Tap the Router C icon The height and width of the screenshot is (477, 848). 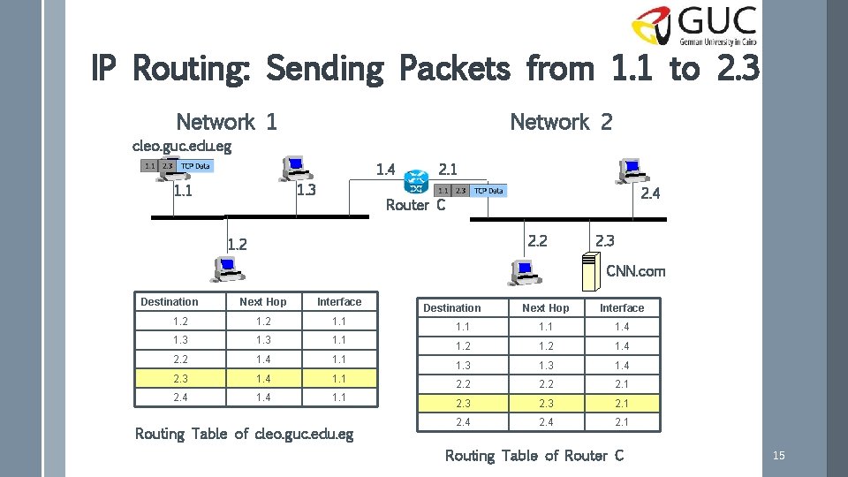pos(415,184)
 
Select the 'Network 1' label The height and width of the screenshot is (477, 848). pos(226,122)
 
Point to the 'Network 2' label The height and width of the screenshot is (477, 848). pos(561,122)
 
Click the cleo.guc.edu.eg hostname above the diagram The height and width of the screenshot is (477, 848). pos(181,145)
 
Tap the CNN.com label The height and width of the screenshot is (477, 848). pos(635,271)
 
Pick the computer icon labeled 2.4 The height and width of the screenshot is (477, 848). pos(631,170)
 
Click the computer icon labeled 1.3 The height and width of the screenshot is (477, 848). pos(293,168)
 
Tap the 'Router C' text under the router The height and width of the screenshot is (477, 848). pos(415,205)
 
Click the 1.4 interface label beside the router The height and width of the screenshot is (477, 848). pos(385,169)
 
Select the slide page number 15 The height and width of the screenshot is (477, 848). pos(778,456)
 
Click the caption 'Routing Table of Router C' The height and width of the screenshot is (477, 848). pos(534,456)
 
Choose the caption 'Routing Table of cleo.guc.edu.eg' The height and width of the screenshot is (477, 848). pos(244,434)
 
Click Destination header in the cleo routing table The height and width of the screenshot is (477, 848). pos(170,302)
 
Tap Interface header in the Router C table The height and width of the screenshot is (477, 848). pos(622,308)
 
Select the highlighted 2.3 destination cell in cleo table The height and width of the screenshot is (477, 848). pos(180,379)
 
